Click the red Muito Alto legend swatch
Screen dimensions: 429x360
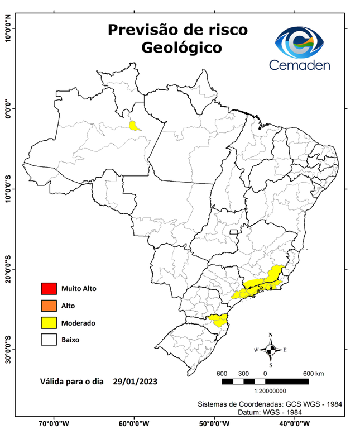49,289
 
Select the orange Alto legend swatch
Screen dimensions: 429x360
49,306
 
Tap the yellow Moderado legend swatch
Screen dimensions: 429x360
49,322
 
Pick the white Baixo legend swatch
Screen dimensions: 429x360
49,339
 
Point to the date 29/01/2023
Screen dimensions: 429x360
135,382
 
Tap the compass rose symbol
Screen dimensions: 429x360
271,350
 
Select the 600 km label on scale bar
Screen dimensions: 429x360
313,373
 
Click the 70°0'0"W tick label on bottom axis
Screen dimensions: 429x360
54,423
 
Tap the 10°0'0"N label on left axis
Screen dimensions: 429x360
8,29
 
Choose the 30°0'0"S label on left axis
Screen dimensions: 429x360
8,349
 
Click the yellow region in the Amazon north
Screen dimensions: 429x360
134,126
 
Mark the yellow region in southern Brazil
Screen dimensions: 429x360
218,321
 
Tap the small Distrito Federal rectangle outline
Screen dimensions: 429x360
233,231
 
